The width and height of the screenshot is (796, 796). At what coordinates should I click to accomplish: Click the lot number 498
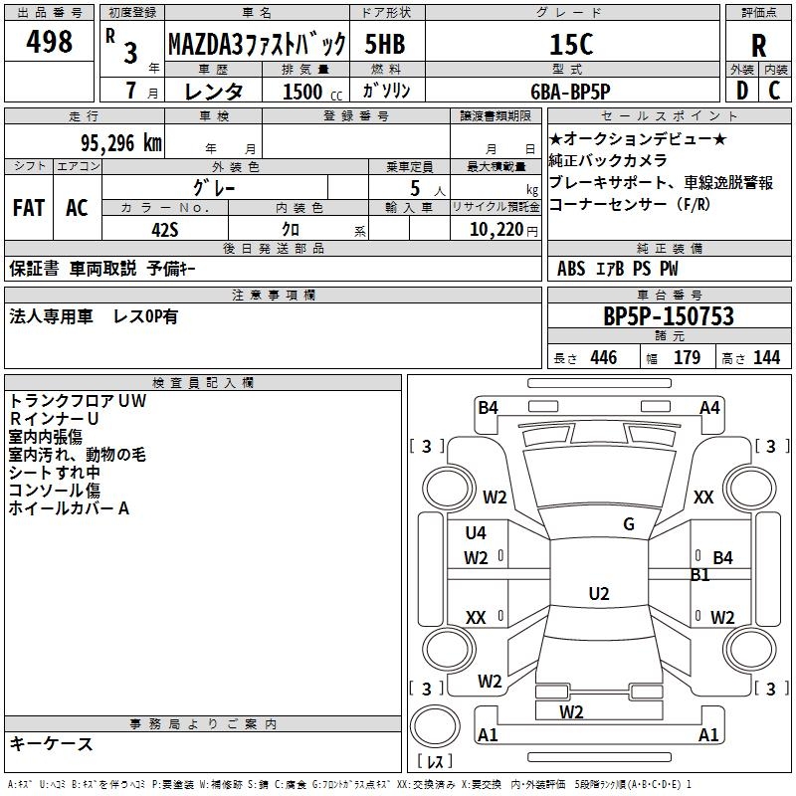coord(50,42)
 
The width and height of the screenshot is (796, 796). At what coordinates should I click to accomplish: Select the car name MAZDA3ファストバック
coord(257,44)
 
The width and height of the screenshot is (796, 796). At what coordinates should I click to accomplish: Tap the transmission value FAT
coord(28,208)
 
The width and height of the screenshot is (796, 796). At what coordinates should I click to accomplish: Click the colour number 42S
coord(166,229)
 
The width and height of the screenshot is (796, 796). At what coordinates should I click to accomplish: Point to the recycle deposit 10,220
coord(495,229)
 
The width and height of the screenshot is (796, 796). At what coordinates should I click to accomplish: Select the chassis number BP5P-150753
coord(669,316)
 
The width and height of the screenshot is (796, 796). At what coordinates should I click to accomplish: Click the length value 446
coord(603,358)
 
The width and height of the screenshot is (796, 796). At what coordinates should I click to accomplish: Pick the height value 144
coord(766,358)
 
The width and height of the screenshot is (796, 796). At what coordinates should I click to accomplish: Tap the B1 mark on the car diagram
coord(700,574)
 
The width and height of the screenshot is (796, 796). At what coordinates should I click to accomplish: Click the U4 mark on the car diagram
coord(476,533)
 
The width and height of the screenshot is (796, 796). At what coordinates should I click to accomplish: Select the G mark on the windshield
coord(629,524)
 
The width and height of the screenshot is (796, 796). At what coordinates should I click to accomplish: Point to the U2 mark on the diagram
coord(599,593)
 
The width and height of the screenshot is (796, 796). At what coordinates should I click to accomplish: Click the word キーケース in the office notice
coord(52,743)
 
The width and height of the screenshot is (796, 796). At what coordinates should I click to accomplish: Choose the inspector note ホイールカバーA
coord(70,508)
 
